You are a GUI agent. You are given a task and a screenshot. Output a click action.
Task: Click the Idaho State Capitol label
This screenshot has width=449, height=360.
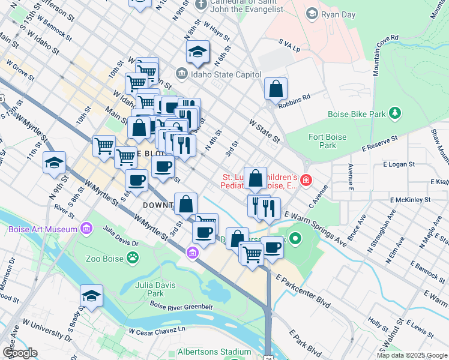(x=226, y=74)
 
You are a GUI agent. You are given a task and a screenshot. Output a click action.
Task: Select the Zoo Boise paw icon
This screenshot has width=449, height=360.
(x=132, y=258)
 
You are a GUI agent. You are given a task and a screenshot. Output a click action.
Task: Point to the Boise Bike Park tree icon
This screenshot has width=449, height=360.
(x=394, y=113)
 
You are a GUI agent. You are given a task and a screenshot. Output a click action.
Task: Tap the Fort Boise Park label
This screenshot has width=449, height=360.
(x=327, y=141)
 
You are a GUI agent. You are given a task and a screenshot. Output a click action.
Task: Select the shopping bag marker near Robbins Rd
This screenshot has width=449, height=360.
(x=275, y=89)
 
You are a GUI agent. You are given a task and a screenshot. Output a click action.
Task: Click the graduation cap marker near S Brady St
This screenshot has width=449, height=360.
(x=91, y=296)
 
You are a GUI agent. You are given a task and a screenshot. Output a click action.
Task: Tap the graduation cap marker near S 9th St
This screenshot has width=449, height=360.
(x=55, y=162)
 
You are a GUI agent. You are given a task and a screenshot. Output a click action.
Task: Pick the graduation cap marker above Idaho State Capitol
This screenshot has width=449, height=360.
(x=197, y=52)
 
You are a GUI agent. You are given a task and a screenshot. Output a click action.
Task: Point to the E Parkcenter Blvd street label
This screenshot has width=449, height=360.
(x=303, y=292)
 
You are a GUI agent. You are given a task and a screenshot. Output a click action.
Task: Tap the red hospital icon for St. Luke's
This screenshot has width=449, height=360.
(x=306, y=179)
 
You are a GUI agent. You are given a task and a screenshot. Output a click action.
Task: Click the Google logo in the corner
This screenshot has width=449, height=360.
(x=20, y=353)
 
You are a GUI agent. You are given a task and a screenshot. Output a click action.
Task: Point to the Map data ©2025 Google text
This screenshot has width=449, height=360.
(x=412, y=355)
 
